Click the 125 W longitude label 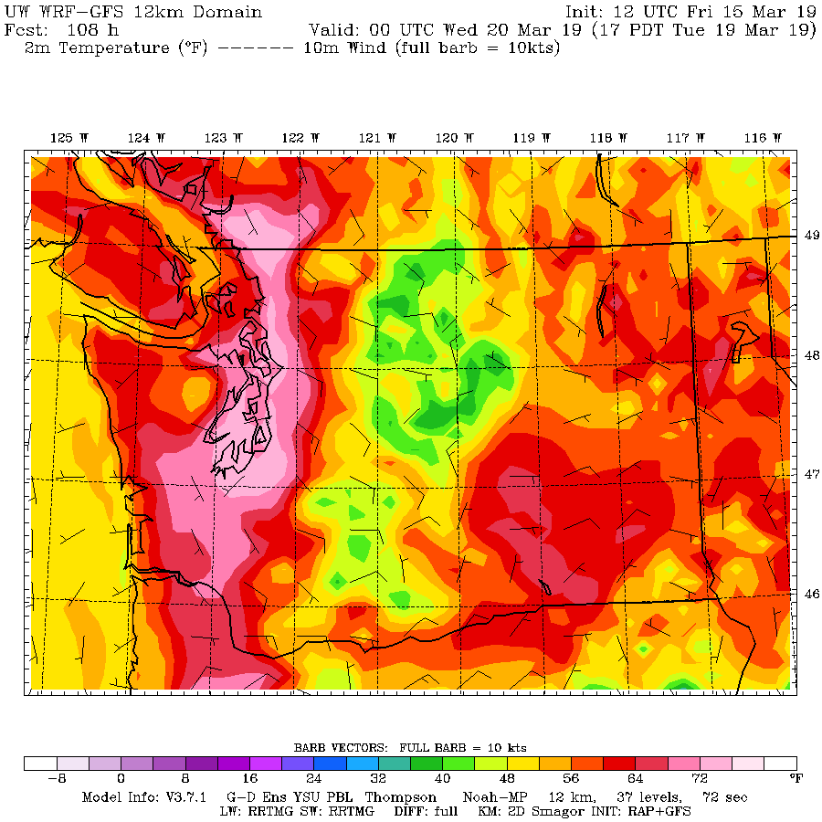[x=68, y=138]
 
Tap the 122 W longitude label [x=300, y=138]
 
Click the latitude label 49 [x=811, y=235]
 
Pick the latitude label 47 [x=811, y=474]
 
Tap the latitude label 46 [x=811, y=594]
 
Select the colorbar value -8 [x=57, y=779]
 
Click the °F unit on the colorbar [x=795, y=779]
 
